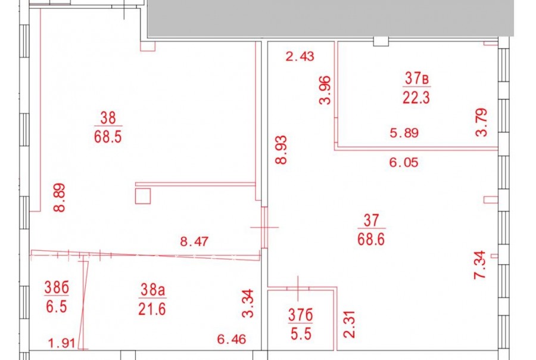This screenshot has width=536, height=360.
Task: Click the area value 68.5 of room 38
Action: tap(108, 137)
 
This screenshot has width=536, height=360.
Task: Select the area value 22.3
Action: tap(416, 98)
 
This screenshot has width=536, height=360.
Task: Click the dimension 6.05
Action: tap(404, 162)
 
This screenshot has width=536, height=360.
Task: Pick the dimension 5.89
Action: tap(404, 133)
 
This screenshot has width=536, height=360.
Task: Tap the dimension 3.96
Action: tap(325, 90)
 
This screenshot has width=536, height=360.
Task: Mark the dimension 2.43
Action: tap(300, 57)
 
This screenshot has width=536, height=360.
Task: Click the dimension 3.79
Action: tap(481, 123)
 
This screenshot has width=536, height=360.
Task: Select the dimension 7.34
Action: tap(479, 265)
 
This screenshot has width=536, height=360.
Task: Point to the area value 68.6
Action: tap(371, 240)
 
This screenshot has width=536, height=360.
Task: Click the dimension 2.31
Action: tap(350, 324)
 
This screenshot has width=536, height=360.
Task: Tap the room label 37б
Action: tap(301, 315)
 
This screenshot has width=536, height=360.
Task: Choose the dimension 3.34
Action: tap(248, 303)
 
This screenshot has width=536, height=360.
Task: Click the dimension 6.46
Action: tap(232, 339)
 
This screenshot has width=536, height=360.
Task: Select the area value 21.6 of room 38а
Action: tap(152, 310)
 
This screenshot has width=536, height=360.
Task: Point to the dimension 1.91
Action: tap(61, 343)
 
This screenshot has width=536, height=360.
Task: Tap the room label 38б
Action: tap(57, 287)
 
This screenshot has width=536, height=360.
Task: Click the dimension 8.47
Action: tap(194, 241)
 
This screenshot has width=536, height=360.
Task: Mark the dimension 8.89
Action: tap(60, 198)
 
